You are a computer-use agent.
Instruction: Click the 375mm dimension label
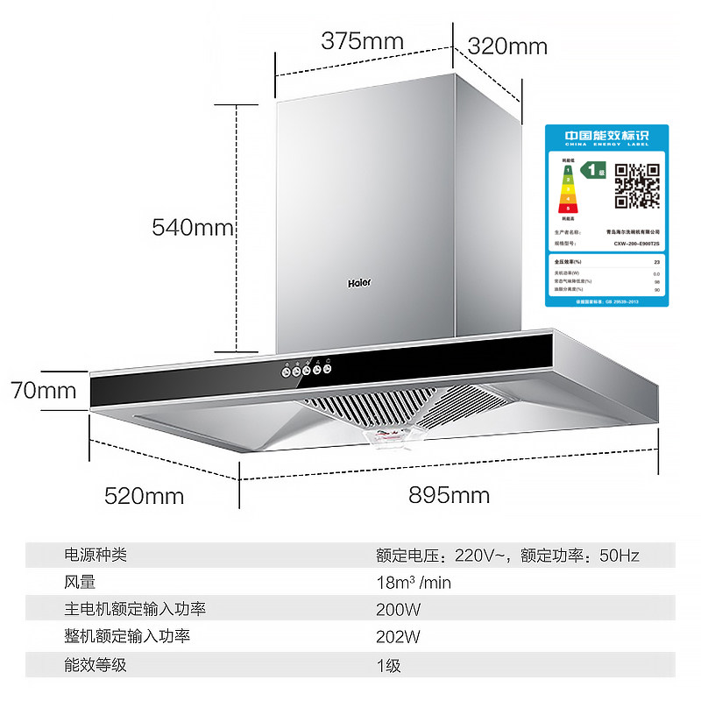point(362,41)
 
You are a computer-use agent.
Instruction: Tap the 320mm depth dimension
point(507,46)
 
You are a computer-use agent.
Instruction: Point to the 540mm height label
point(193,228)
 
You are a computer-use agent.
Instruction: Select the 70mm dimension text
point(44,389)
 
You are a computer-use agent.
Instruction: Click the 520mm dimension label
point(145,496)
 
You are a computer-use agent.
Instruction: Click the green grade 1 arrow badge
point(597,170)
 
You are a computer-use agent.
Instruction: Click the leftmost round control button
point(285,371)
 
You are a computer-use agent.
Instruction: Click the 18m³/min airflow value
point(414,582)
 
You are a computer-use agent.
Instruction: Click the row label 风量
point(80,582)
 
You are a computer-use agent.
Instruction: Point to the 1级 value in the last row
point(388,664)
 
